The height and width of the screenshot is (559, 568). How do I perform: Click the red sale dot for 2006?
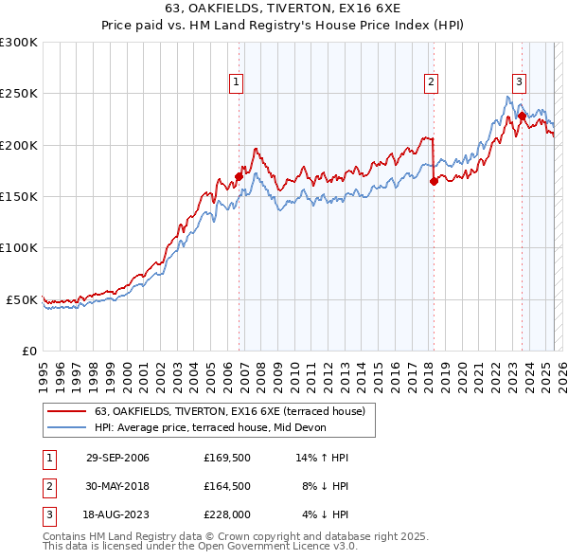click(239, 176)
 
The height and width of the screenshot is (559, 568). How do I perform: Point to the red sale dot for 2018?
click(434, 181)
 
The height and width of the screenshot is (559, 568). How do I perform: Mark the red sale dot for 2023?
click(522, 117)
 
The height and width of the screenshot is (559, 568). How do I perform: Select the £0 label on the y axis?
click(28, 351)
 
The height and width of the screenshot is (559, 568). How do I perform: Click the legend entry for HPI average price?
click(209, 427)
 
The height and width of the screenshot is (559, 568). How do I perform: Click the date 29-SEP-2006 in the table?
click(117, 458)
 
